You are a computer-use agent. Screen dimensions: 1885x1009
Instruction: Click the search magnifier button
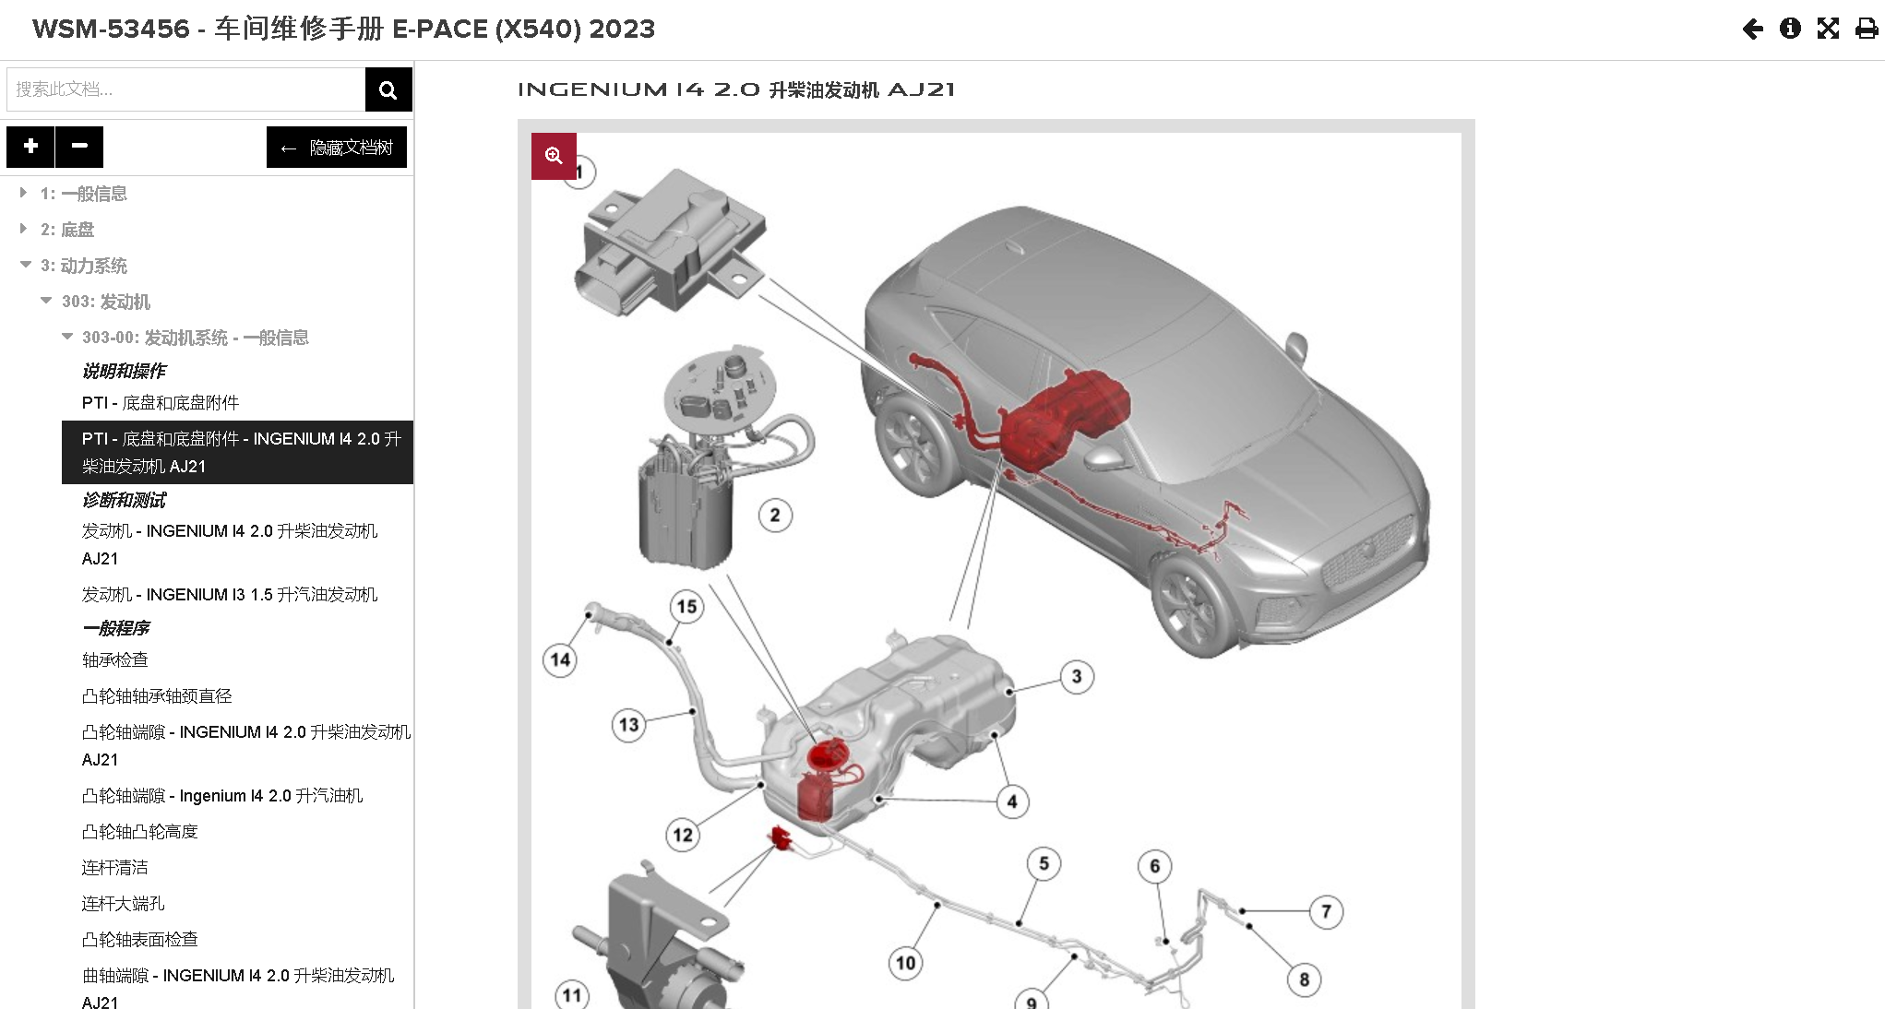[x=388, y=89]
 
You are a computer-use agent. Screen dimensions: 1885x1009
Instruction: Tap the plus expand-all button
[x=30, y=147]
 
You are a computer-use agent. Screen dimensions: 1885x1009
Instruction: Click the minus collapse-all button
[x=79, y=147]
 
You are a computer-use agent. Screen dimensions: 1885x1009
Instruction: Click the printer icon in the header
[x=1867, y=29]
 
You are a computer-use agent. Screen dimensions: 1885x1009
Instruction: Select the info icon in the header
[x=1790, y=29]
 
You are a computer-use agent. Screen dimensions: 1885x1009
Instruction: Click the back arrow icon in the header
[x=1753, y=30]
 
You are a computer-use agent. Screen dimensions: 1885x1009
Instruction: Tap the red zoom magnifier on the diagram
[x=554, y=156]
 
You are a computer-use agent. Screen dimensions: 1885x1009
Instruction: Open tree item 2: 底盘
[x=67, y=230]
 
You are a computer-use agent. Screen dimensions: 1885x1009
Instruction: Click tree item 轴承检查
[x=115, y=660]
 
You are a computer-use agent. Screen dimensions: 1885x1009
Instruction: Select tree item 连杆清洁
[x=115, y=868]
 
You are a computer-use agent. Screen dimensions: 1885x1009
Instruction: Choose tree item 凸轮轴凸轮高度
[x=140, y=832]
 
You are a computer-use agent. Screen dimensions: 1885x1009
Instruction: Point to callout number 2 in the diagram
[x=775, y=516]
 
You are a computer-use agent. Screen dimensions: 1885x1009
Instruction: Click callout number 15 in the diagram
[x=686, y=607]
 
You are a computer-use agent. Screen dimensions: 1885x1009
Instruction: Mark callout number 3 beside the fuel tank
[x=1077, y=677]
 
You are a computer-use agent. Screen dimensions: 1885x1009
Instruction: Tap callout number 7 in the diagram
[x=1326, y=912]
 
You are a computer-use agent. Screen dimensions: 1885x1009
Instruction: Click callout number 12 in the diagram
[x=683, y=836]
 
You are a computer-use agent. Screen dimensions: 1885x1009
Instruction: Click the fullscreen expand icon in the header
[x=1828, y=29]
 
